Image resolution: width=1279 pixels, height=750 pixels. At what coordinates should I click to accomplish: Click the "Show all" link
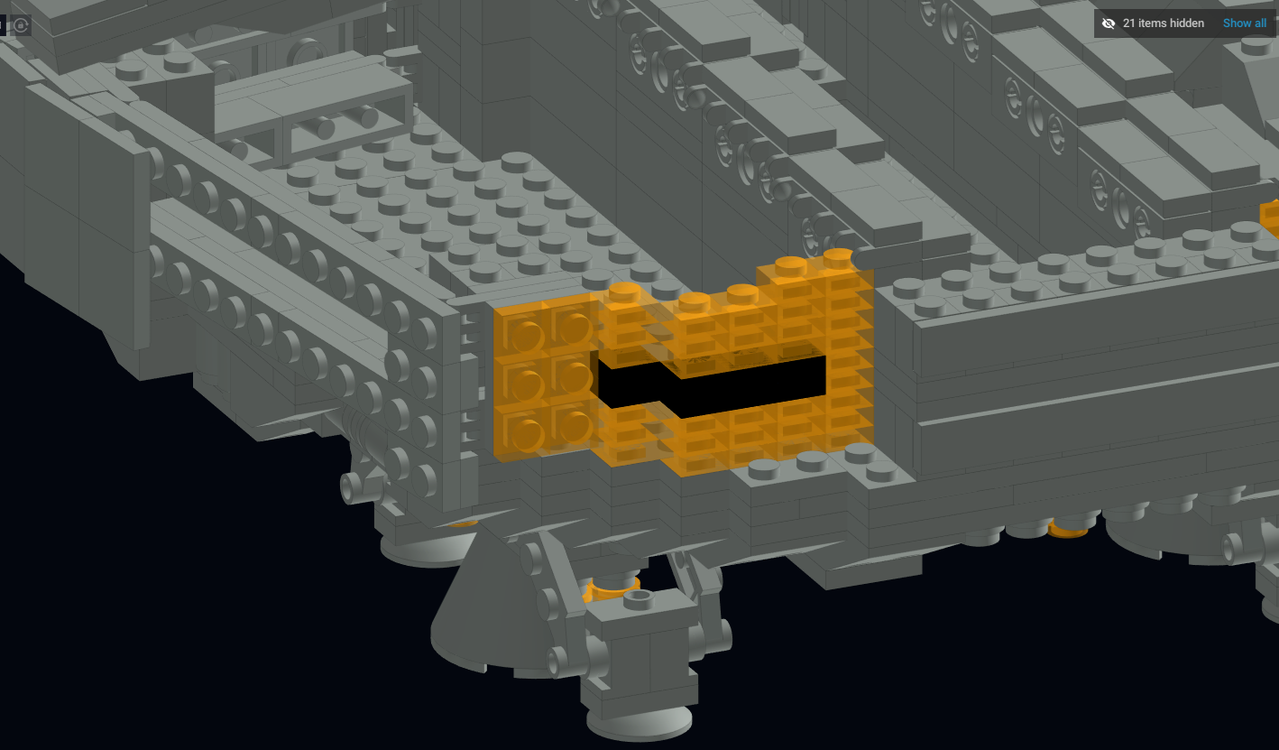coord(1244,23)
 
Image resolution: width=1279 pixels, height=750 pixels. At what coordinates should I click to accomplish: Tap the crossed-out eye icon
coord(1109,23)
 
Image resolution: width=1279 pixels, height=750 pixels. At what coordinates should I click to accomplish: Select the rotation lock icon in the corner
coord(21,25)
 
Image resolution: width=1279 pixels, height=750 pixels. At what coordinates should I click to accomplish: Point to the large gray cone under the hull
coord(486,606)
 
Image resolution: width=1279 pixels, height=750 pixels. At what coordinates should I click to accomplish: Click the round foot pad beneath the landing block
coord(639,723)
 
